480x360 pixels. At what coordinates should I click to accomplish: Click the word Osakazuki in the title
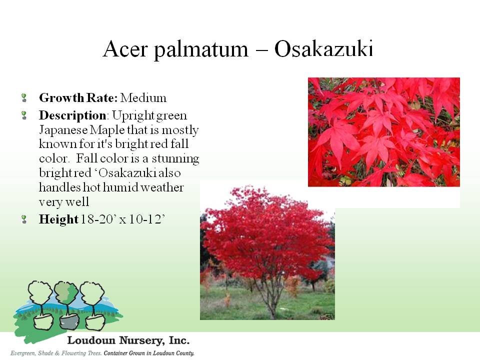pyautogui.click(x=323, y=48)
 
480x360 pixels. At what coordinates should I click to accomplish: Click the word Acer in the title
pyautogui.click(x=125, y=49)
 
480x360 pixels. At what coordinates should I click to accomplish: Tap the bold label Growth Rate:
pyautogui.click(x=78, y=98)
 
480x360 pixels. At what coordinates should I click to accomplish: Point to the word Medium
pyautogui.click(x=143, y=98)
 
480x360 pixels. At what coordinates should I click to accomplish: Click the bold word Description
pyautogui.click(x=72, y=115)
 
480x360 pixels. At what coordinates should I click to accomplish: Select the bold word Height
pyautogui.click(x=59, y=219)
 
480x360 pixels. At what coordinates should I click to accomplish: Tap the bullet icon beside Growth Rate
pyautogui.click(x=24, y=98)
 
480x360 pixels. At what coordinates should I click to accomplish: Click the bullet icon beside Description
pyautogui.click(x=24, y=115)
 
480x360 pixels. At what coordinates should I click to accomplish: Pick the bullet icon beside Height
pyautogui.click(x=24, y=219)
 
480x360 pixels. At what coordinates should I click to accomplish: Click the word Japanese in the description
pyautogui.click(x=63, y=130)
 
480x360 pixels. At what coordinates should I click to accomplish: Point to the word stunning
pyautogui.click(x=175, y=159)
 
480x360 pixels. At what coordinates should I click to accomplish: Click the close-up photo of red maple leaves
pyautogui.click(x=384, y=132)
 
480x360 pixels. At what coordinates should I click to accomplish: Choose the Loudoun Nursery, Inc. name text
pyautogui.click(x=128, y=340)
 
